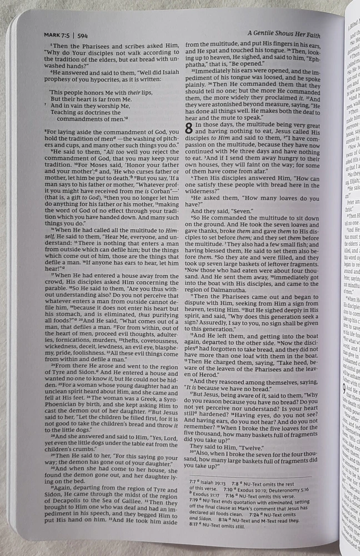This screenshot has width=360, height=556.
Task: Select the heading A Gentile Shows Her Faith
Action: coord(292,34)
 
